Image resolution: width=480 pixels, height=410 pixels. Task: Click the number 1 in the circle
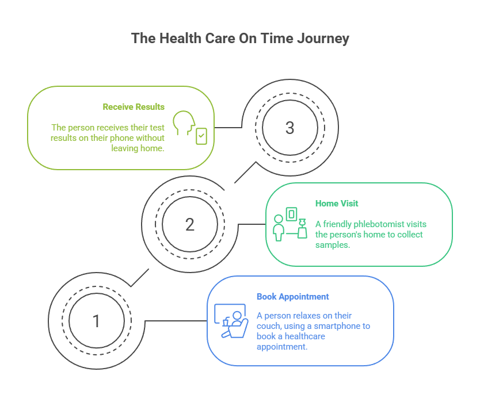[x=96, y=321]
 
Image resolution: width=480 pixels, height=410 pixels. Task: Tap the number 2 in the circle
[x=190, y=224]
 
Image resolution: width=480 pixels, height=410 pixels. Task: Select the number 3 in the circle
[x=289, y=128]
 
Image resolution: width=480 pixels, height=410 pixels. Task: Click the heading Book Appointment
[x=292, y=297]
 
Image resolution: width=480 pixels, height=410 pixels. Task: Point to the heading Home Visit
[x=337, y=204]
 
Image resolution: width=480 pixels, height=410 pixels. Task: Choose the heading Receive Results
[x=134, y=107]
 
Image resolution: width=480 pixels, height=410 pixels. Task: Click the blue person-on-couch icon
[x=230, y=321]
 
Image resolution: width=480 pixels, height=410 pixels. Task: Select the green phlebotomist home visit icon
[x=289, y=224]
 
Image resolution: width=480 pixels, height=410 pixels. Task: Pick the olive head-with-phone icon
[x=190, y=127]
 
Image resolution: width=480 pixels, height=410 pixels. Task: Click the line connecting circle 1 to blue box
[x=176, y=320]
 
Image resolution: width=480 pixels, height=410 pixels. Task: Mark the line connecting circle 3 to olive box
[x=228, y=127]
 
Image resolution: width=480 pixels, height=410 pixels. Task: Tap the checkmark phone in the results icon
[x=201, y=136]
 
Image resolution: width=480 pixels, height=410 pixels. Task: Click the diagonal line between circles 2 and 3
[x=245, y=173]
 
